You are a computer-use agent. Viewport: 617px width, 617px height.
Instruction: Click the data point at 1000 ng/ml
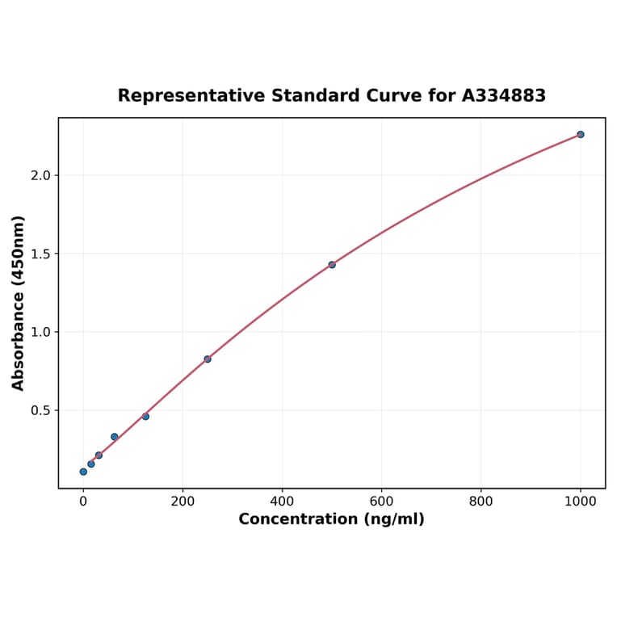point(580,134)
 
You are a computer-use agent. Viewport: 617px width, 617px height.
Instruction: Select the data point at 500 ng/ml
point(332,265)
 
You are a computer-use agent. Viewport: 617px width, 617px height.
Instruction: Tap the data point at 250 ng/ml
point(208,359)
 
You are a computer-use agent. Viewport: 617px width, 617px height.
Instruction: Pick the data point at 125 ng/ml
point(145,417)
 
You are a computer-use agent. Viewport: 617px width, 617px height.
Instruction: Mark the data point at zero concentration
point(83,472)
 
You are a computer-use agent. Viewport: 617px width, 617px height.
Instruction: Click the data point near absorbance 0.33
point(115,437)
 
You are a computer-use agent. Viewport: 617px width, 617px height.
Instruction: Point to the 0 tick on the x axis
point(83,501)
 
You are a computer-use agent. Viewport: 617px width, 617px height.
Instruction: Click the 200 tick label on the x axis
point(183,501)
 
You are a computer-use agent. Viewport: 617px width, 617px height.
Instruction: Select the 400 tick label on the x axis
point(282,501)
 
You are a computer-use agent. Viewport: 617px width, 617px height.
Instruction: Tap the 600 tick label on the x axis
point(381,501)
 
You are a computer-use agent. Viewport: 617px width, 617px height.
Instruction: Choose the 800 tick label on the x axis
point(481,501)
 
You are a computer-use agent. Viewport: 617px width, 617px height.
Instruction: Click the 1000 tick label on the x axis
point(580,501)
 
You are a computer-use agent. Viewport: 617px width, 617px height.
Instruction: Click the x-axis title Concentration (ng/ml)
point(331,519)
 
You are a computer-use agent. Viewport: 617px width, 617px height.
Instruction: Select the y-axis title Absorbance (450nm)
point(19,303)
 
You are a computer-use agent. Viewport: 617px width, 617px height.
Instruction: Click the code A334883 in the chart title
point(504,96)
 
